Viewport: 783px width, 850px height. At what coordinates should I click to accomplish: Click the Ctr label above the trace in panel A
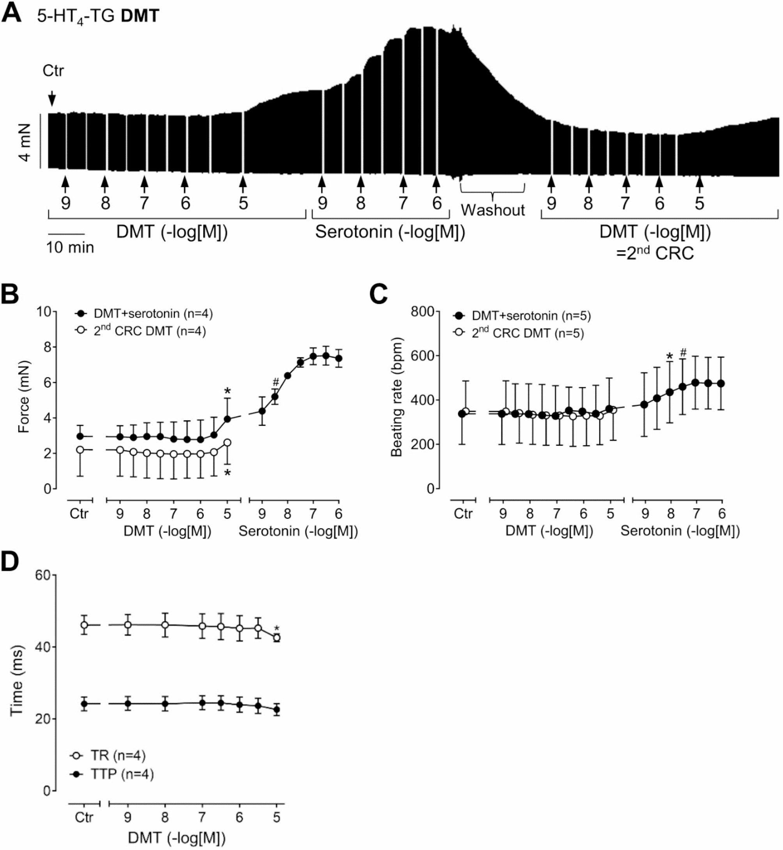53,71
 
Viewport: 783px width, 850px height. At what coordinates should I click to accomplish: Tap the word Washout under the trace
492,210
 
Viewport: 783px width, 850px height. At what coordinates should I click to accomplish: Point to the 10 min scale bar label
70,248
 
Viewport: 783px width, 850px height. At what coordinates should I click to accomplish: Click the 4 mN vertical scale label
25,143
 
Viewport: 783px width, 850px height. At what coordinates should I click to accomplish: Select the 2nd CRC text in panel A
655,253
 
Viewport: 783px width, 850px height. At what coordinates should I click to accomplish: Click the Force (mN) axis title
24,397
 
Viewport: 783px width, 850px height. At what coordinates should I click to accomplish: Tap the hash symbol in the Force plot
276,382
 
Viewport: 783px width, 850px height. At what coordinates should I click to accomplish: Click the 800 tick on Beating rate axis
422,312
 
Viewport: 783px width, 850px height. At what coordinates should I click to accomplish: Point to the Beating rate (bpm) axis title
396,397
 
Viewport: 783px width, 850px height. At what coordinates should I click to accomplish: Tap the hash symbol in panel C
683,352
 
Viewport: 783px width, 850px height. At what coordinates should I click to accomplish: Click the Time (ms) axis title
16,681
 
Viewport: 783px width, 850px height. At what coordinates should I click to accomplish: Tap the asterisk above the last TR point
277,629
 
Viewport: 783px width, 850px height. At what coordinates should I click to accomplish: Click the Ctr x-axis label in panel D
83,817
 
